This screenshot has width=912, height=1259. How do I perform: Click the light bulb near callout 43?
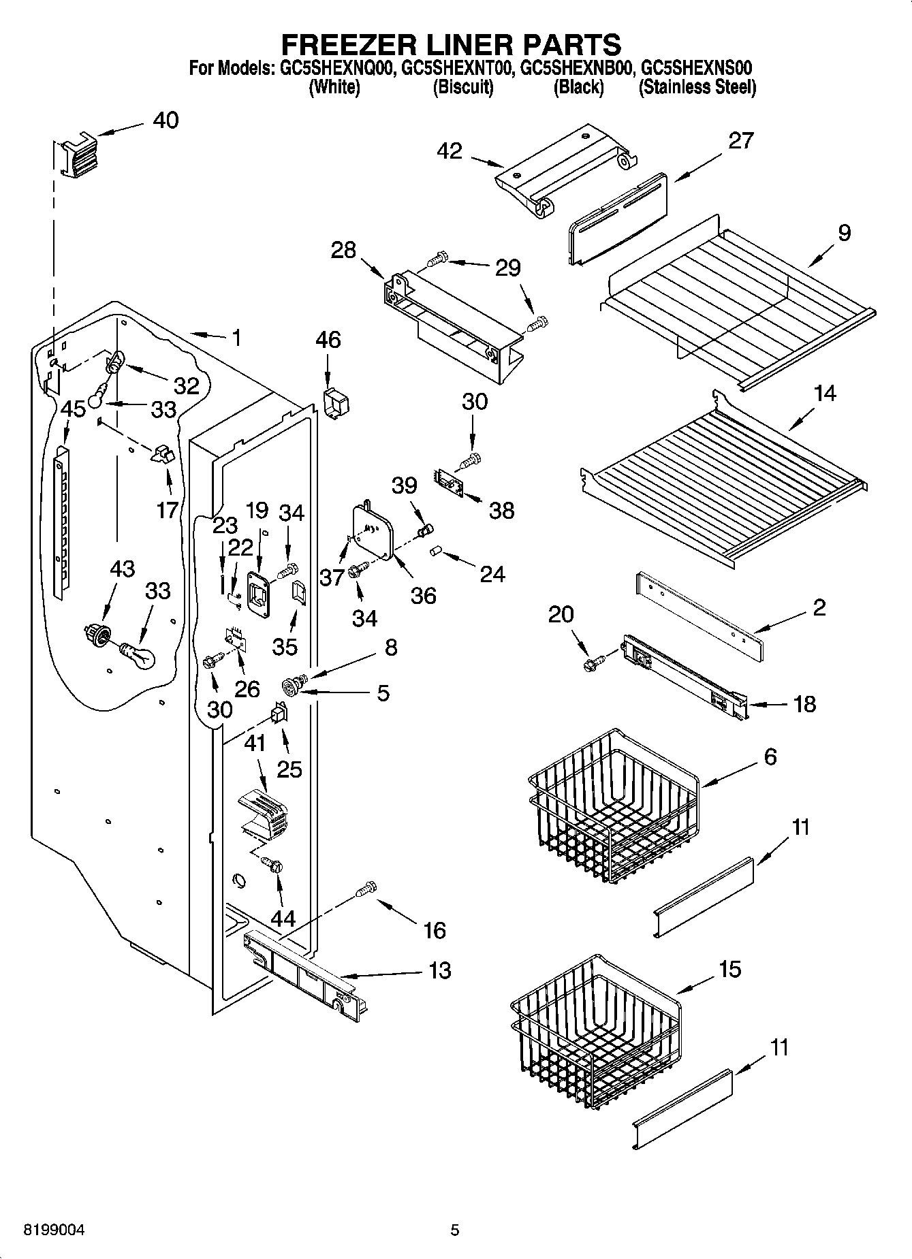tap(138, 654)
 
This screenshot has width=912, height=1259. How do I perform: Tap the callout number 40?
tap(166, 121)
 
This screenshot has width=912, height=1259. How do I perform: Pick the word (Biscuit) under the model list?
tap(463, 87)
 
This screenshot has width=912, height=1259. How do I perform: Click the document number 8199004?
tap(54, 1230)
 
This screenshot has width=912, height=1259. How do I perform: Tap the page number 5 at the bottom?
tap(455, 1230)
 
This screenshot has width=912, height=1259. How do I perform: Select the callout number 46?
tap(328, 340)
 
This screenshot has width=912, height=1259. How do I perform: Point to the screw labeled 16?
tap(366, 888)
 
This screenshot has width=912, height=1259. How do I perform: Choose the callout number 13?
tap(440, 970)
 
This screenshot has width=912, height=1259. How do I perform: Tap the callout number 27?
tap(741, 140)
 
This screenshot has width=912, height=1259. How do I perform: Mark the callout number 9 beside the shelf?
tap(844, 233)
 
